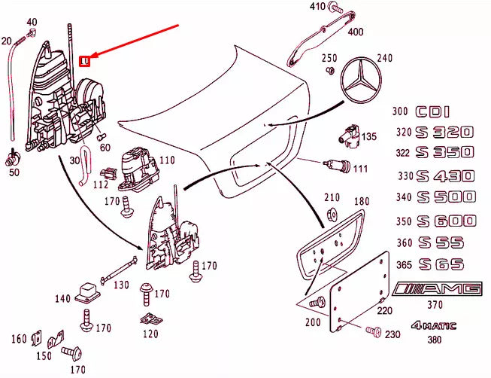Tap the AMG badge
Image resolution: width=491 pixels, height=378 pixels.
(x=438, y=289)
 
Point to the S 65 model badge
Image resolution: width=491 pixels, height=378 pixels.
(x=441, y=264)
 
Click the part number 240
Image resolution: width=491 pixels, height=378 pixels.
(x=384, y=59)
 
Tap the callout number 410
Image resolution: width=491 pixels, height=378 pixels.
(x=317, y=8)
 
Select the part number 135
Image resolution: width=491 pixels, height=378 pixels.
(x=368, y=137)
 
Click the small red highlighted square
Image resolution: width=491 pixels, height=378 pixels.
(x=85, y=59)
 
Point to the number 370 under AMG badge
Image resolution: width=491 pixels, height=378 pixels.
(x=435, y=305)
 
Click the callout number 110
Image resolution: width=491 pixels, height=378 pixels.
(x=166, y=160)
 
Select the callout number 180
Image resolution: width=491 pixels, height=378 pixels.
(x=362, y=202)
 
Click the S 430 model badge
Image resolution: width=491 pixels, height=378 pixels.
(x=447, y=176)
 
